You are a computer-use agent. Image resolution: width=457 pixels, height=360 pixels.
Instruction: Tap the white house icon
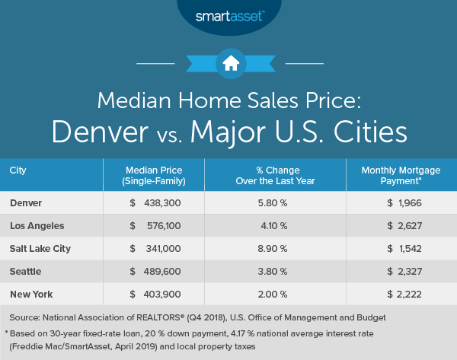[x=228, y=63]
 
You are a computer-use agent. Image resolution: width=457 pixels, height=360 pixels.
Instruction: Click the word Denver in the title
[x=107, y=132]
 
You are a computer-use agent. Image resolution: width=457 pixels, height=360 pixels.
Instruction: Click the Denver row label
[x=27, y=202]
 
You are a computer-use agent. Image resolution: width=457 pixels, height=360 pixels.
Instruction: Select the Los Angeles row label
[x=37, y=225]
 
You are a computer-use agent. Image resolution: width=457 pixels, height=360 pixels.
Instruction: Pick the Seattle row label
[x=27, y=271]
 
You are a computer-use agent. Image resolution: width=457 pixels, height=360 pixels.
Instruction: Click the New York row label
[x=31, y=294]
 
